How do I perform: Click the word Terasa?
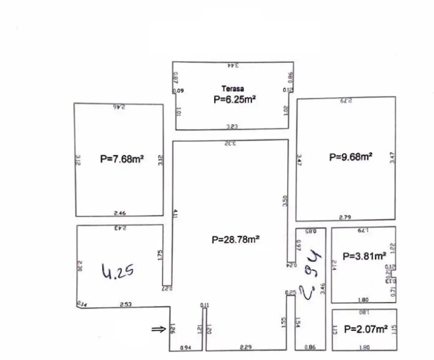click(x=233, y=89)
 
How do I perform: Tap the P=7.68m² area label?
click(x=122, y=159)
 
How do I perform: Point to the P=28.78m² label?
click(x=236, y=240)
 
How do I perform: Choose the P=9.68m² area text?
click(x=351, y=157)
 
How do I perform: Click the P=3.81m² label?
click(x=364, y=256)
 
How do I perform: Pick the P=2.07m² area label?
click(x=366, y=329)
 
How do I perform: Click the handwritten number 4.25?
click(x=119, y=270)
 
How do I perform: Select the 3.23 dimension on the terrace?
click(x=232, y=126)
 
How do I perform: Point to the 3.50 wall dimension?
click(x=285, y=200)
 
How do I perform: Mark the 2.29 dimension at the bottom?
click(x=245, y=348)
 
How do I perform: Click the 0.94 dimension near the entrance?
click(x=185, y=348)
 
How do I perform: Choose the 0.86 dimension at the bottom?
click(x=310, y=348)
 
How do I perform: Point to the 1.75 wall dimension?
click(x=160, y=255)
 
